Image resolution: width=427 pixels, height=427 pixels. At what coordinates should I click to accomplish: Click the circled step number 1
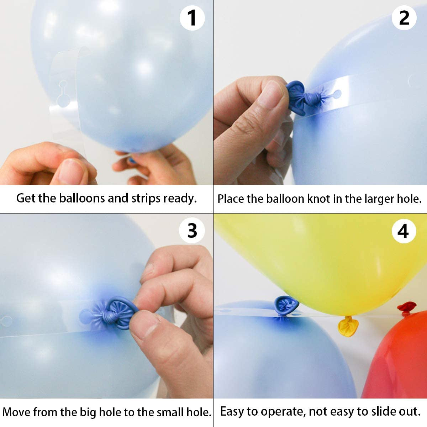pos(192,18)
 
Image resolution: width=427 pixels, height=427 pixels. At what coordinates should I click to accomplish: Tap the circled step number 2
pos(404,18)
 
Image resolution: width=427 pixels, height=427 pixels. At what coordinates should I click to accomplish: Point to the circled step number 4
pos(404,231)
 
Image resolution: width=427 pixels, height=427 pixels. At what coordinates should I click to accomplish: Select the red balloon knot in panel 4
pos(406,307)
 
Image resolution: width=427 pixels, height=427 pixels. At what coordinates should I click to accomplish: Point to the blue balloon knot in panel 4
pos(285,305)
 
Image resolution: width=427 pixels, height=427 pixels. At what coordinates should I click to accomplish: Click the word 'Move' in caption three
pos(17,412)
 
